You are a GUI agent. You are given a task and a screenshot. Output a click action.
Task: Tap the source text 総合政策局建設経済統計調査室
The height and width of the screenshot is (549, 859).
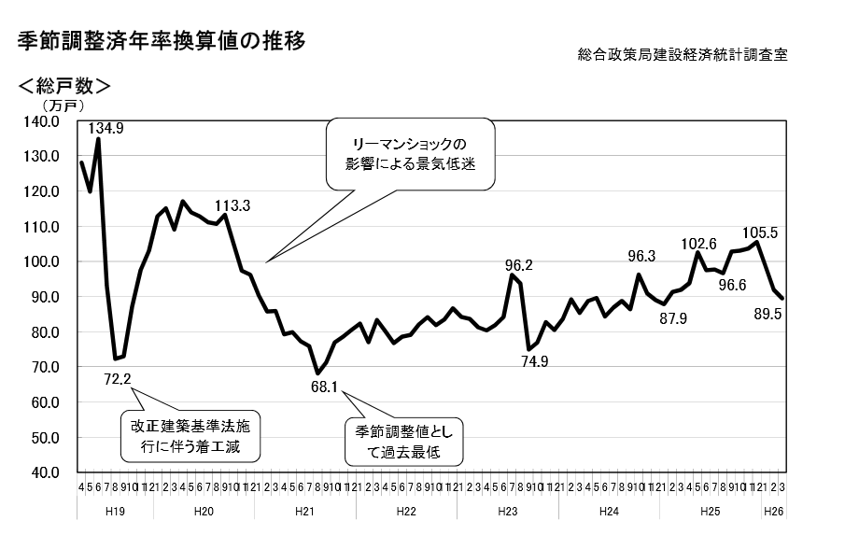(683, 55)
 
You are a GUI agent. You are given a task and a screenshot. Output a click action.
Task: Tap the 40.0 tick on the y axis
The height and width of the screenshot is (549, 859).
(43, 472)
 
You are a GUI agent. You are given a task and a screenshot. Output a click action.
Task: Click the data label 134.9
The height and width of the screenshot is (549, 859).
(109, 128)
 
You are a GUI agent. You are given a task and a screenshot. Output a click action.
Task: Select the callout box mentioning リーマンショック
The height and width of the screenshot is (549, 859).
(409, 153)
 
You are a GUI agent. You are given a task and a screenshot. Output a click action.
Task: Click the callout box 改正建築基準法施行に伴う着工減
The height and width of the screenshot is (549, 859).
(190, 435)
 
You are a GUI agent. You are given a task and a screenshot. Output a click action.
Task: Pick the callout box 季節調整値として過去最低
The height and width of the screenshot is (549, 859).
(403, 443)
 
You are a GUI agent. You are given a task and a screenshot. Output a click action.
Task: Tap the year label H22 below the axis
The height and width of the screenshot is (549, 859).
(405, 512)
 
